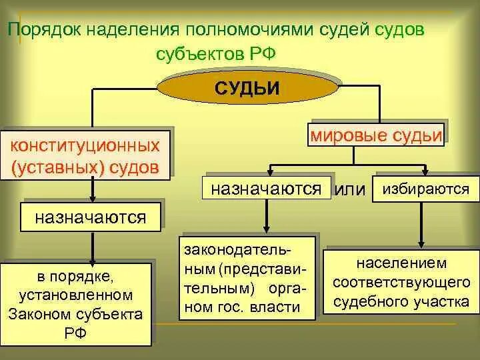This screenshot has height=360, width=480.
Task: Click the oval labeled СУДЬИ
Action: [246, 87]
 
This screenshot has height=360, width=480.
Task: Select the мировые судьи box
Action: [375, 136]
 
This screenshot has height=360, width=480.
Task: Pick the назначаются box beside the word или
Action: [267, 187]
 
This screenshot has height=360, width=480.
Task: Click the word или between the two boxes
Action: [350, 189]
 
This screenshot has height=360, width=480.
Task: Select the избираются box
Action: [425, 188]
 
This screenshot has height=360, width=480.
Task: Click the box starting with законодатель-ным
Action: [247, 277]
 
